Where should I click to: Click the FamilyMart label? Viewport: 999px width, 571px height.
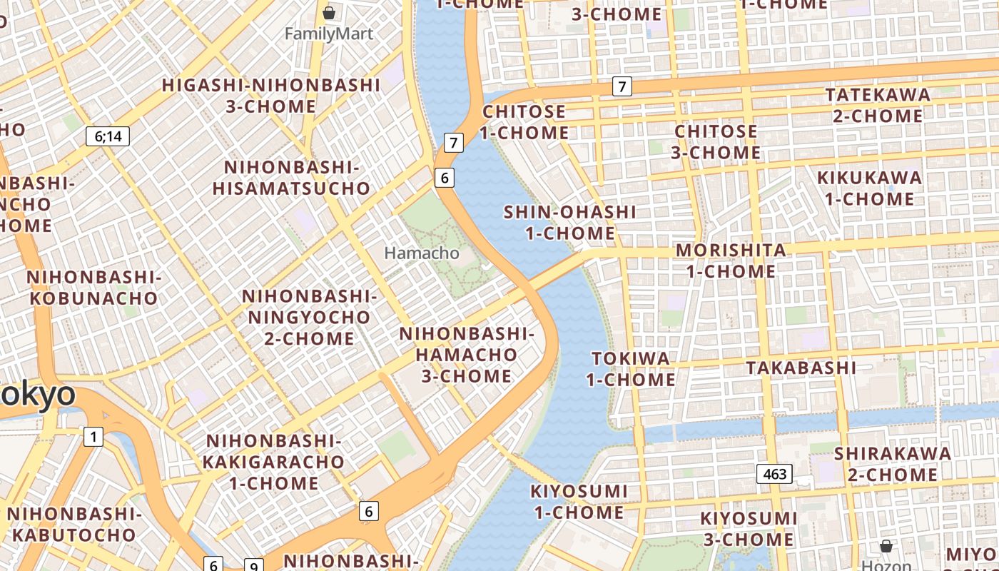329,34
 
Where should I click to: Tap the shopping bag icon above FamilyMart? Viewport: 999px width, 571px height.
329,13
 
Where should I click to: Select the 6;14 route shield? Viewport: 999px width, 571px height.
108,136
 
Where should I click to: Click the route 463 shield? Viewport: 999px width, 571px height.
774,474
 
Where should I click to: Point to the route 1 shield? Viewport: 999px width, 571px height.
93,436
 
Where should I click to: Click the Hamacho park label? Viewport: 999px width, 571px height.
422,253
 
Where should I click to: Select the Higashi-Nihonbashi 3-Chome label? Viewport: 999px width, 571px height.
271,96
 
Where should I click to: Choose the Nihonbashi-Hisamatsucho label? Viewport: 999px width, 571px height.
292,178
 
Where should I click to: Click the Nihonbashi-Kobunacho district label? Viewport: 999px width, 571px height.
93,288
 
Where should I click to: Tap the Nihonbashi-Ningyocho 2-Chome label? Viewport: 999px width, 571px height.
309,317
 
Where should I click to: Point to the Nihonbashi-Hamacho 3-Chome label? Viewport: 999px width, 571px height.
467,355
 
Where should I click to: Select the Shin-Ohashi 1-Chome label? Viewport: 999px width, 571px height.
569,222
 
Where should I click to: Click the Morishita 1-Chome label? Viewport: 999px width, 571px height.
731,261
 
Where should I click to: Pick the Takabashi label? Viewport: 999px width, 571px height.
801,368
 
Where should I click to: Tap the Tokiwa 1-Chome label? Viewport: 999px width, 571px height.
631,368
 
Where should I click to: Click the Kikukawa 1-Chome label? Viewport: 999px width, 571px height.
869,188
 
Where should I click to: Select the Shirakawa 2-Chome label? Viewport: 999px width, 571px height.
893,464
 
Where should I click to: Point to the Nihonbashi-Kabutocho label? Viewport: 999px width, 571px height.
74,524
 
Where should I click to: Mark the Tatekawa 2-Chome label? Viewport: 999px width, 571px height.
878,105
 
